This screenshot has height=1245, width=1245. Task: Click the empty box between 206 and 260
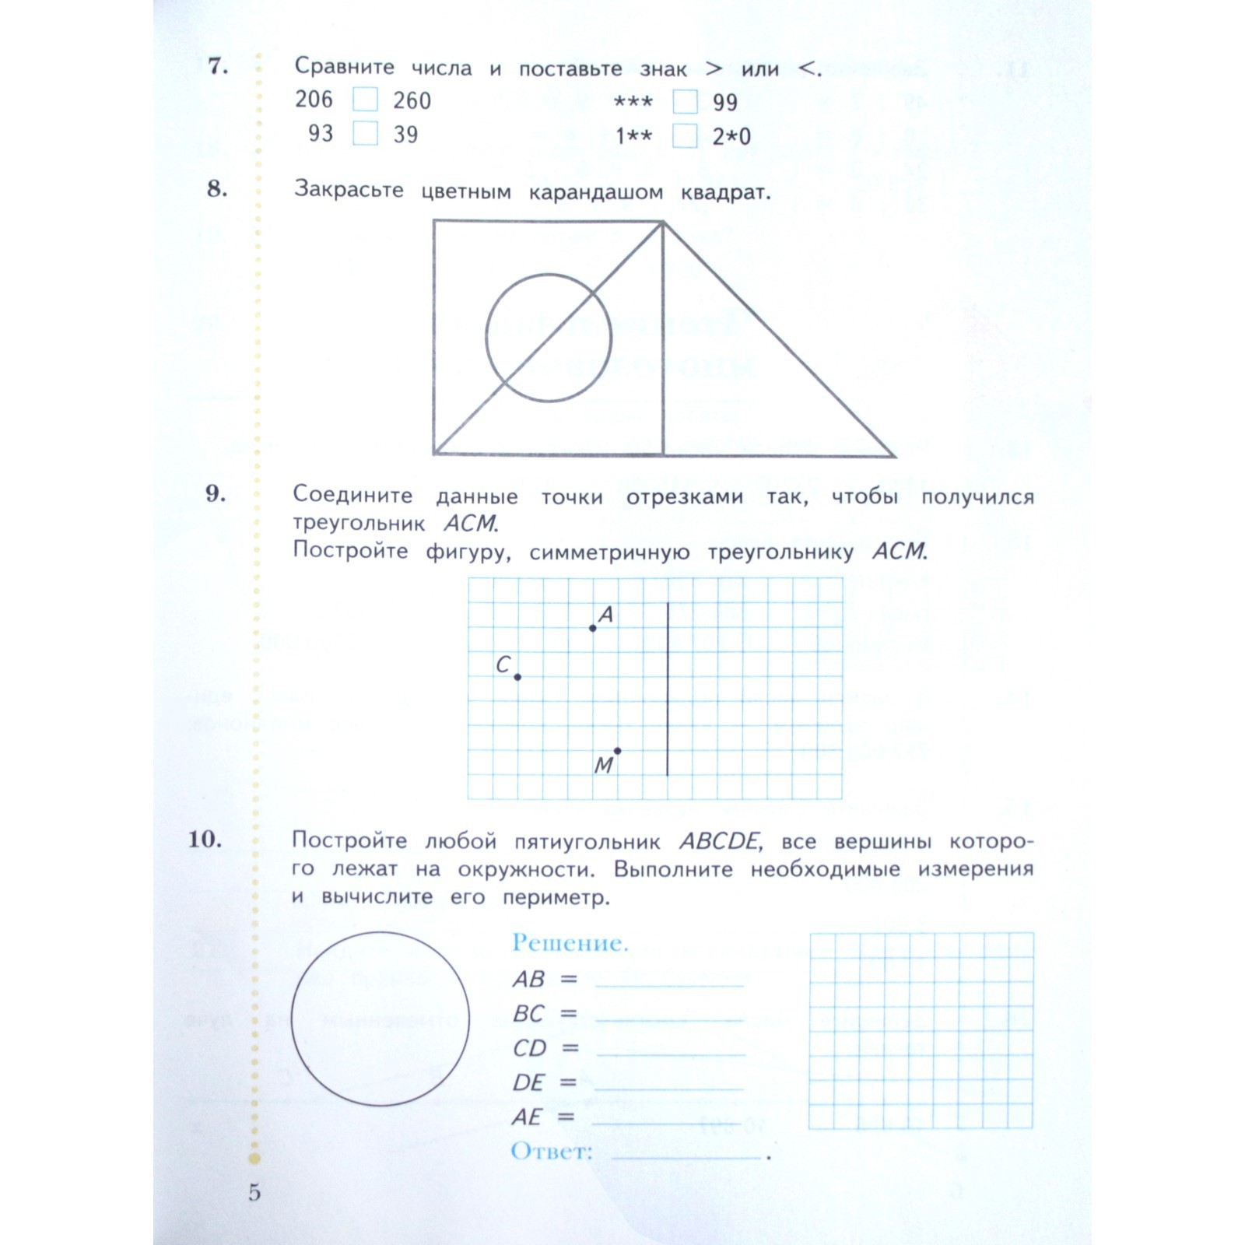365,100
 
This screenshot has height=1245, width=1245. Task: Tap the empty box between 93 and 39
365,133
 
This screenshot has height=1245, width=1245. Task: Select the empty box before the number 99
685,102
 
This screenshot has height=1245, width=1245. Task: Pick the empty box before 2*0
685,136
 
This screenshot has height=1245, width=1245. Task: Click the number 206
314,100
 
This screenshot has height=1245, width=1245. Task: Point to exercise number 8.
217,188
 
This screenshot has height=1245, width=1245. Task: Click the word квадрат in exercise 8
725,192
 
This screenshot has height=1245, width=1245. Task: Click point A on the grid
593,627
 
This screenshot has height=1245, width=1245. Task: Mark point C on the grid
517,676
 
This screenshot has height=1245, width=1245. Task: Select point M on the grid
617,751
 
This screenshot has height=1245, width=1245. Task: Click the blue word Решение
570,943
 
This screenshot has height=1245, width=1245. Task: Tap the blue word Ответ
552,1151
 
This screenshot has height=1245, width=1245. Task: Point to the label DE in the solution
528,1082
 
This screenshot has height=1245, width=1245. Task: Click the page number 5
254,1192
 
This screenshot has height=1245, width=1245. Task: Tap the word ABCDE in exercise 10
719,841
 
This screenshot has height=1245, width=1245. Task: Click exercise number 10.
205,839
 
